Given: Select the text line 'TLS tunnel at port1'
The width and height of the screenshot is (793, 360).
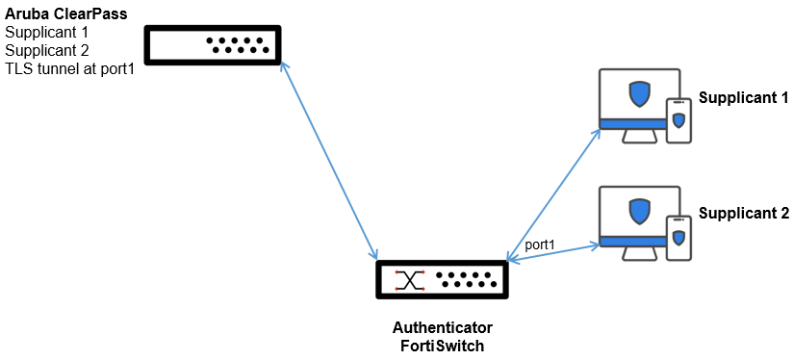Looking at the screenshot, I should tap(69, 67).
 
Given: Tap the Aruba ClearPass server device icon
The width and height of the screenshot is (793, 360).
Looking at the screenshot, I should tap(212, 45).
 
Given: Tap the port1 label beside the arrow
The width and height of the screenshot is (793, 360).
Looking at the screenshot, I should tap(540, 245).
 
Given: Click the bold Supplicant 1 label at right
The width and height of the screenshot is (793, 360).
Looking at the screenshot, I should tap(743, 98).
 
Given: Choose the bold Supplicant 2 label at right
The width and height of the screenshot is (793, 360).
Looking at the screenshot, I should tap(743, 214).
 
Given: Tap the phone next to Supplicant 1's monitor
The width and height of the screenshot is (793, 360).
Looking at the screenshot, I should tap(678, 120).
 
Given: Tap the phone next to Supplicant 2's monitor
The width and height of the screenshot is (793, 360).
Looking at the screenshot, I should tap(678, 237).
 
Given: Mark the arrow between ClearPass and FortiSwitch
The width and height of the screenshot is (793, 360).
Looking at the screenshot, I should tap(328, 161).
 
